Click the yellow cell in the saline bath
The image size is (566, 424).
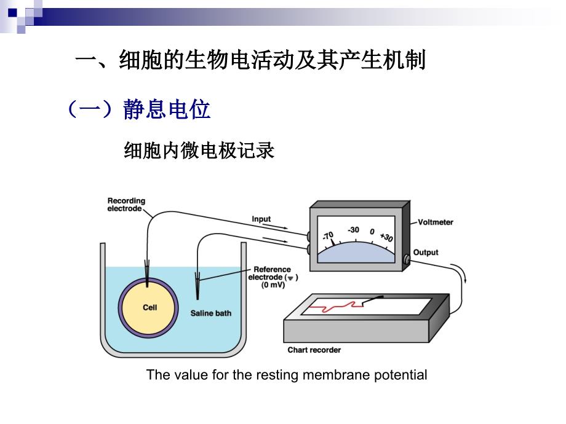[x=149, y=307]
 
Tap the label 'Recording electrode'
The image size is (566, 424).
[x=126, y=205]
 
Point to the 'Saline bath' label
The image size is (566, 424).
[x=210, y=313]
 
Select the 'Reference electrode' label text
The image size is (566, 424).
[x=273, y=273]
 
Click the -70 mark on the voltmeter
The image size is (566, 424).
[x=327, y=235]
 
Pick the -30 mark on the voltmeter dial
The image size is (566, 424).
[x=353, y=230]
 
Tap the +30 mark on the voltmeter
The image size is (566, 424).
[x=386, y=237]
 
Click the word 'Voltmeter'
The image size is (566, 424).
[x=435, y=222]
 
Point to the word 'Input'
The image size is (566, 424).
[x=261, y=219]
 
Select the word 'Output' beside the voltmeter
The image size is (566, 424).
[x=426, y=253]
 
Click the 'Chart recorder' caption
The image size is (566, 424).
[x=314, y=350]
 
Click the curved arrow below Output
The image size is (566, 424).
[x=461, y=274]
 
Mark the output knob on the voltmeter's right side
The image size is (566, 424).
[x=406, y=261]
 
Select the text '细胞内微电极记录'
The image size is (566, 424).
[x=199, y=151]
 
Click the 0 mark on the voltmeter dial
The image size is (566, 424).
[x=372, y=232]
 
